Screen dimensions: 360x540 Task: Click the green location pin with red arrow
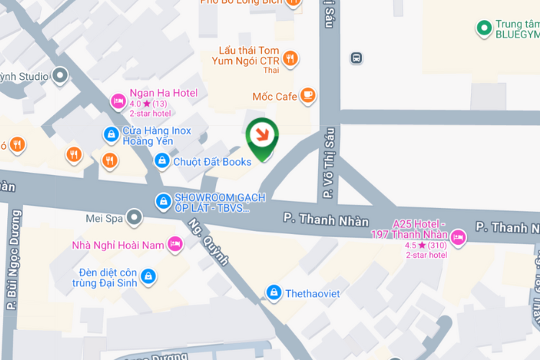point(260,135)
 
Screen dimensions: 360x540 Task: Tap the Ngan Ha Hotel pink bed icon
point(118,103)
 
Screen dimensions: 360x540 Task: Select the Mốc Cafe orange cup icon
point(307,95)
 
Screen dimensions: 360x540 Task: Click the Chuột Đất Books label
point(212,161)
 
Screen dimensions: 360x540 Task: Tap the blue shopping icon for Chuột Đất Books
point(163,161)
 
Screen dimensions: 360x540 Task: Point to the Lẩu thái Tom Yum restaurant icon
point(290,58)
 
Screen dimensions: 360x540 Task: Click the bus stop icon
point(356,58)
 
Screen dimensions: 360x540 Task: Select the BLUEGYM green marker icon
point(484,29)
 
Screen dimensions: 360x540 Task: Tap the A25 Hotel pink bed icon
point(459,235)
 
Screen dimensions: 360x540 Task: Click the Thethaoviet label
point(312,293)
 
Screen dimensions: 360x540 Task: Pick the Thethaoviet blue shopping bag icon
point(273,292)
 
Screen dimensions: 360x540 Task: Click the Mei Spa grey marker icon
point(134,217)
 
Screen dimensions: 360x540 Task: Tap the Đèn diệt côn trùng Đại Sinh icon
point(147,276)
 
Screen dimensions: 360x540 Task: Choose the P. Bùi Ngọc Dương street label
point(12,258)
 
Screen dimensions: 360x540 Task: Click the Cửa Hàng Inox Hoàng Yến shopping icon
point(111,133)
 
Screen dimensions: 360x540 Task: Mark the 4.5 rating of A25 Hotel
point(412,245)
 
